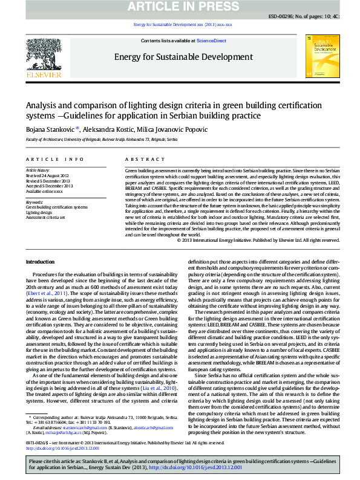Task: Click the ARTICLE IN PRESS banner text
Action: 180,7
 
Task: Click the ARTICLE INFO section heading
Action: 54,159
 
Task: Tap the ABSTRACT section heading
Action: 136,159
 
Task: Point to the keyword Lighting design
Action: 38,213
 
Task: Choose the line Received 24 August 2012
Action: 48,175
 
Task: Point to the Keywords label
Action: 34,202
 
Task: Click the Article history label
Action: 38,170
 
